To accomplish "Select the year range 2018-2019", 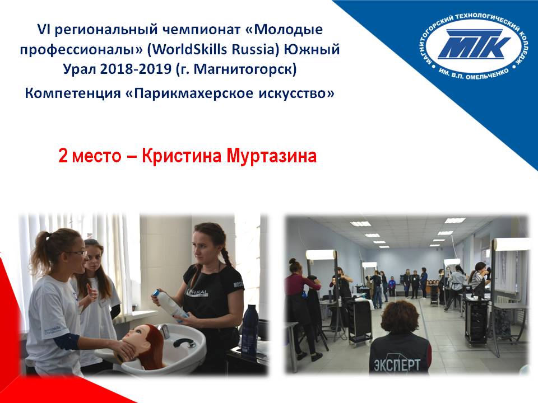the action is pos(136,69).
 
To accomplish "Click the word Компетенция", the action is pos(73,93).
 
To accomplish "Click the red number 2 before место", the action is pos(63,156).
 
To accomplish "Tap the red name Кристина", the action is pos(182,156).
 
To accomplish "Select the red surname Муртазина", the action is pos(271,156).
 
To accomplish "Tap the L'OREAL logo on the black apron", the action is pos(197,292).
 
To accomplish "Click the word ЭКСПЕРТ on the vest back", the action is pos(396,364).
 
